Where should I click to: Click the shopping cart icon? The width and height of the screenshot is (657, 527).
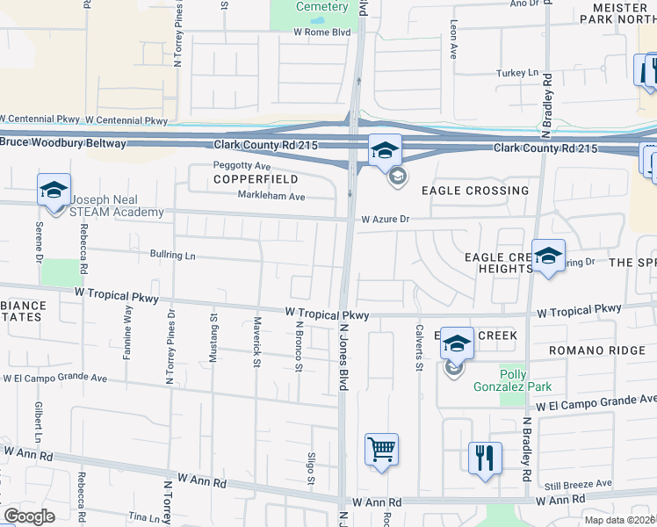(x=381, y=451)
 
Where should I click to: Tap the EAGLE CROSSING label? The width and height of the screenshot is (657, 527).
(x=475, y=191)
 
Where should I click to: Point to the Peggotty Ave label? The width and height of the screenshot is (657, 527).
(x=242, y=165)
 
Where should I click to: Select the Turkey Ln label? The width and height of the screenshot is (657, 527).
(x=516, y=73)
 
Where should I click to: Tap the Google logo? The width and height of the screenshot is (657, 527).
(x=29, y=516)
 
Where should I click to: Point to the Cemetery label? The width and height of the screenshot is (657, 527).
(x=321, y=7)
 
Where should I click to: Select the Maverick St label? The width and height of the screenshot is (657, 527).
(x=257, y=342)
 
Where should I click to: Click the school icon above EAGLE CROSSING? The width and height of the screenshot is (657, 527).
(x=384, y=151)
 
